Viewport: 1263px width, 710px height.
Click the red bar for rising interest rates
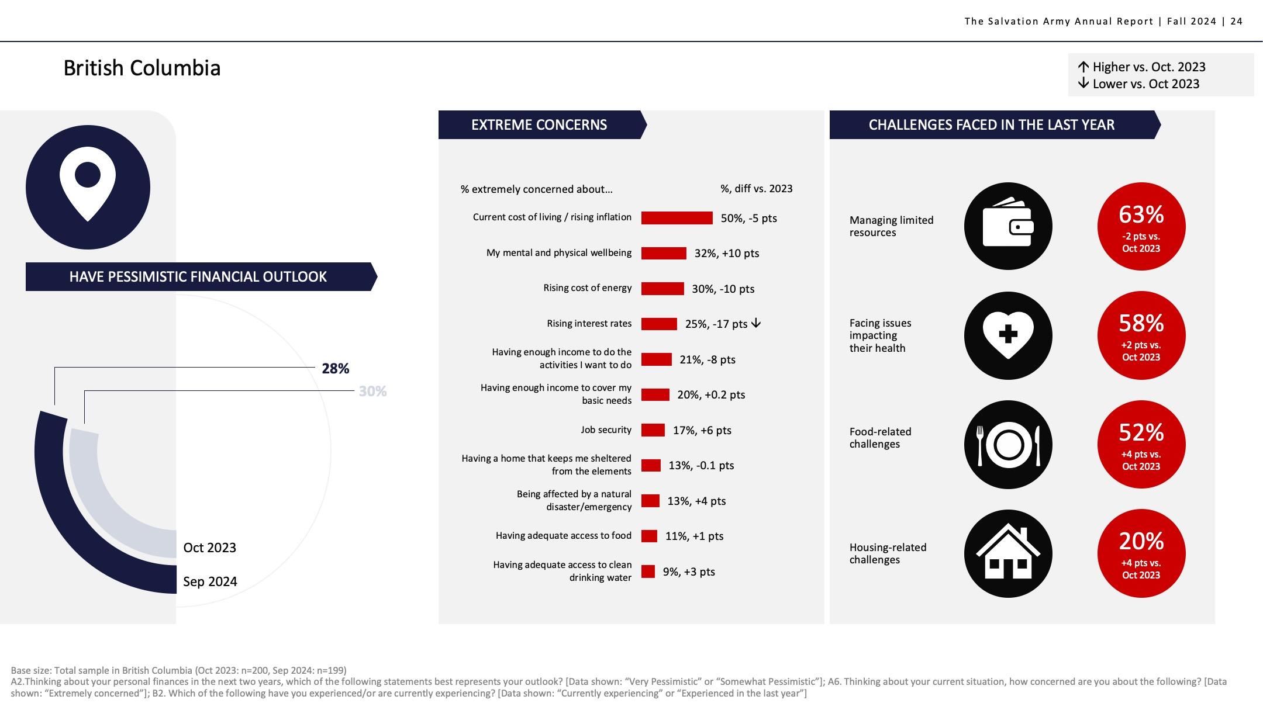click(659, 324)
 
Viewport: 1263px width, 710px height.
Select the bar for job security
click(653, 430)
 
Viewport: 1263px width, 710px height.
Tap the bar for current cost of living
click(677, 218)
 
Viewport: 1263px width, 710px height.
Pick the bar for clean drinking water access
click(648, 572)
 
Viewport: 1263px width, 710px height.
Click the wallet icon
click(1007, 226)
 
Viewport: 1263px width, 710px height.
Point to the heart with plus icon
click(1007, 335)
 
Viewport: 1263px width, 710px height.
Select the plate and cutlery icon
click(1007, 445)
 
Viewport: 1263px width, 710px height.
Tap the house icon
click(1007, 553)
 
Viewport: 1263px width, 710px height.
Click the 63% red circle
click(1141, 226)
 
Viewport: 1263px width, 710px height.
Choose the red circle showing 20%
click(1141, 553)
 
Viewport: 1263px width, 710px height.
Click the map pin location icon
click(88, 188)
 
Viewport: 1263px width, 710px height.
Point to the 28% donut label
click(335, 369)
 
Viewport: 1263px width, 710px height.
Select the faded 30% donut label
click(372, 392)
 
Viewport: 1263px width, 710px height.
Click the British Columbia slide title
click(142, 68)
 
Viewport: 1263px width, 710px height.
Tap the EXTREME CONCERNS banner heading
click(539, 125)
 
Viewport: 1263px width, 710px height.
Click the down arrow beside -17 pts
click(756, 323)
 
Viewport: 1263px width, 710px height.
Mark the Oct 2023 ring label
click(209, 548)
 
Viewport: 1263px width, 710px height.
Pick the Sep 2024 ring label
click(210, 581)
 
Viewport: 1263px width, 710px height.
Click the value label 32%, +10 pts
click(726, 254)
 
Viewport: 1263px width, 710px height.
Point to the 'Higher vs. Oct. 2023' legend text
click(1148, 67)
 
